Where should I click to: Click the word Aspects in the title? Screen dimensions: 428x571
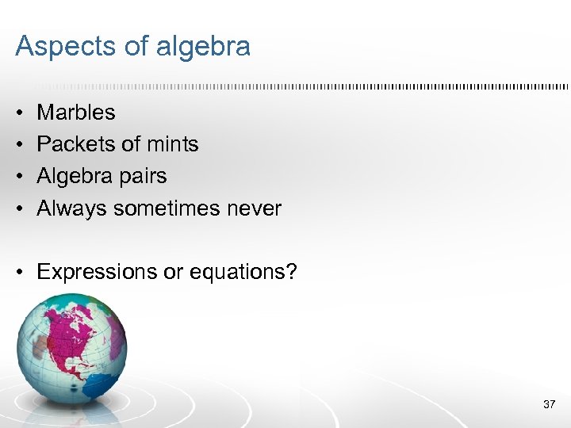coord(62,47)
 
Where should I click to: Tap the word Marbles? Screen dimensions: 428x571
coord(76,113)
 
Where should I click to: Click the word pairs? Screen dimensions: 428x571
coord(144,176)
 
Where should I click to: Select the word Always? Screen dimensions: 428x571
coord(72,208)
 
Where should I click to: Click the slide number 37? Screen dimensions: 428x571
coord(549,405)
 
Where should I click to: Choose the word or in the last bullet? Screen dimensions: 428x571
coord(172,272)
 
